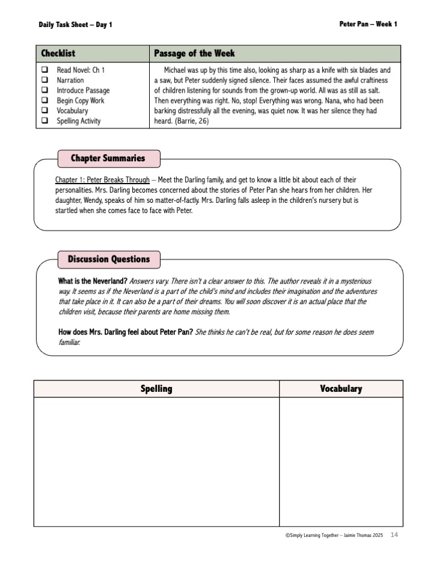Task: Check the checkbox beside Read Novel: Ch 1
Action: point(45,70)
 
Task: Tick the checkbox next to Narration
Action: point(45,80)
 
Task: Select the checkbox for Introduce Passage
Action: point(45,90)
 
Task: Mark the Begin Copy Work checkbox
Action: point(45,101)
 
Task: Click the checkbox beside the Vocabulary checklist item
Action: point(45,111)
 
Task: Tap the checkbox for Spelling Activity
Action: point(45,121)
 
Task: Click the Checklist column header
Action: point(58,54)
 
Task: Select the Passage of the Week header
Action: point(194,54)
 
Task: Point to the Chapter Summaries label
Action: point(108,158)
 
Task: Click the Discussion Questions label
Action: point(109,259)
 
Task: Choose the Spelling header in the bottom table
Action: point(156,389)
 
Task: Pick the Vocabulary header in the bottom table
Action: point(341,389)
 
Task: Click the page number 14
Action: point(395,535)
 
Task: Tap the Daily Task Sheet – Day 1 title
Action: point(75,25)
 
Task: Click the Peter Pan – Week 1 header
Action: point(368,24)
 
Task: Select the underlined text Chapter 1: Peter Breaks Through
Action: point(102,180)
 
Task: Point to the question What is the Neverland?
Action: point(93,281)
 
